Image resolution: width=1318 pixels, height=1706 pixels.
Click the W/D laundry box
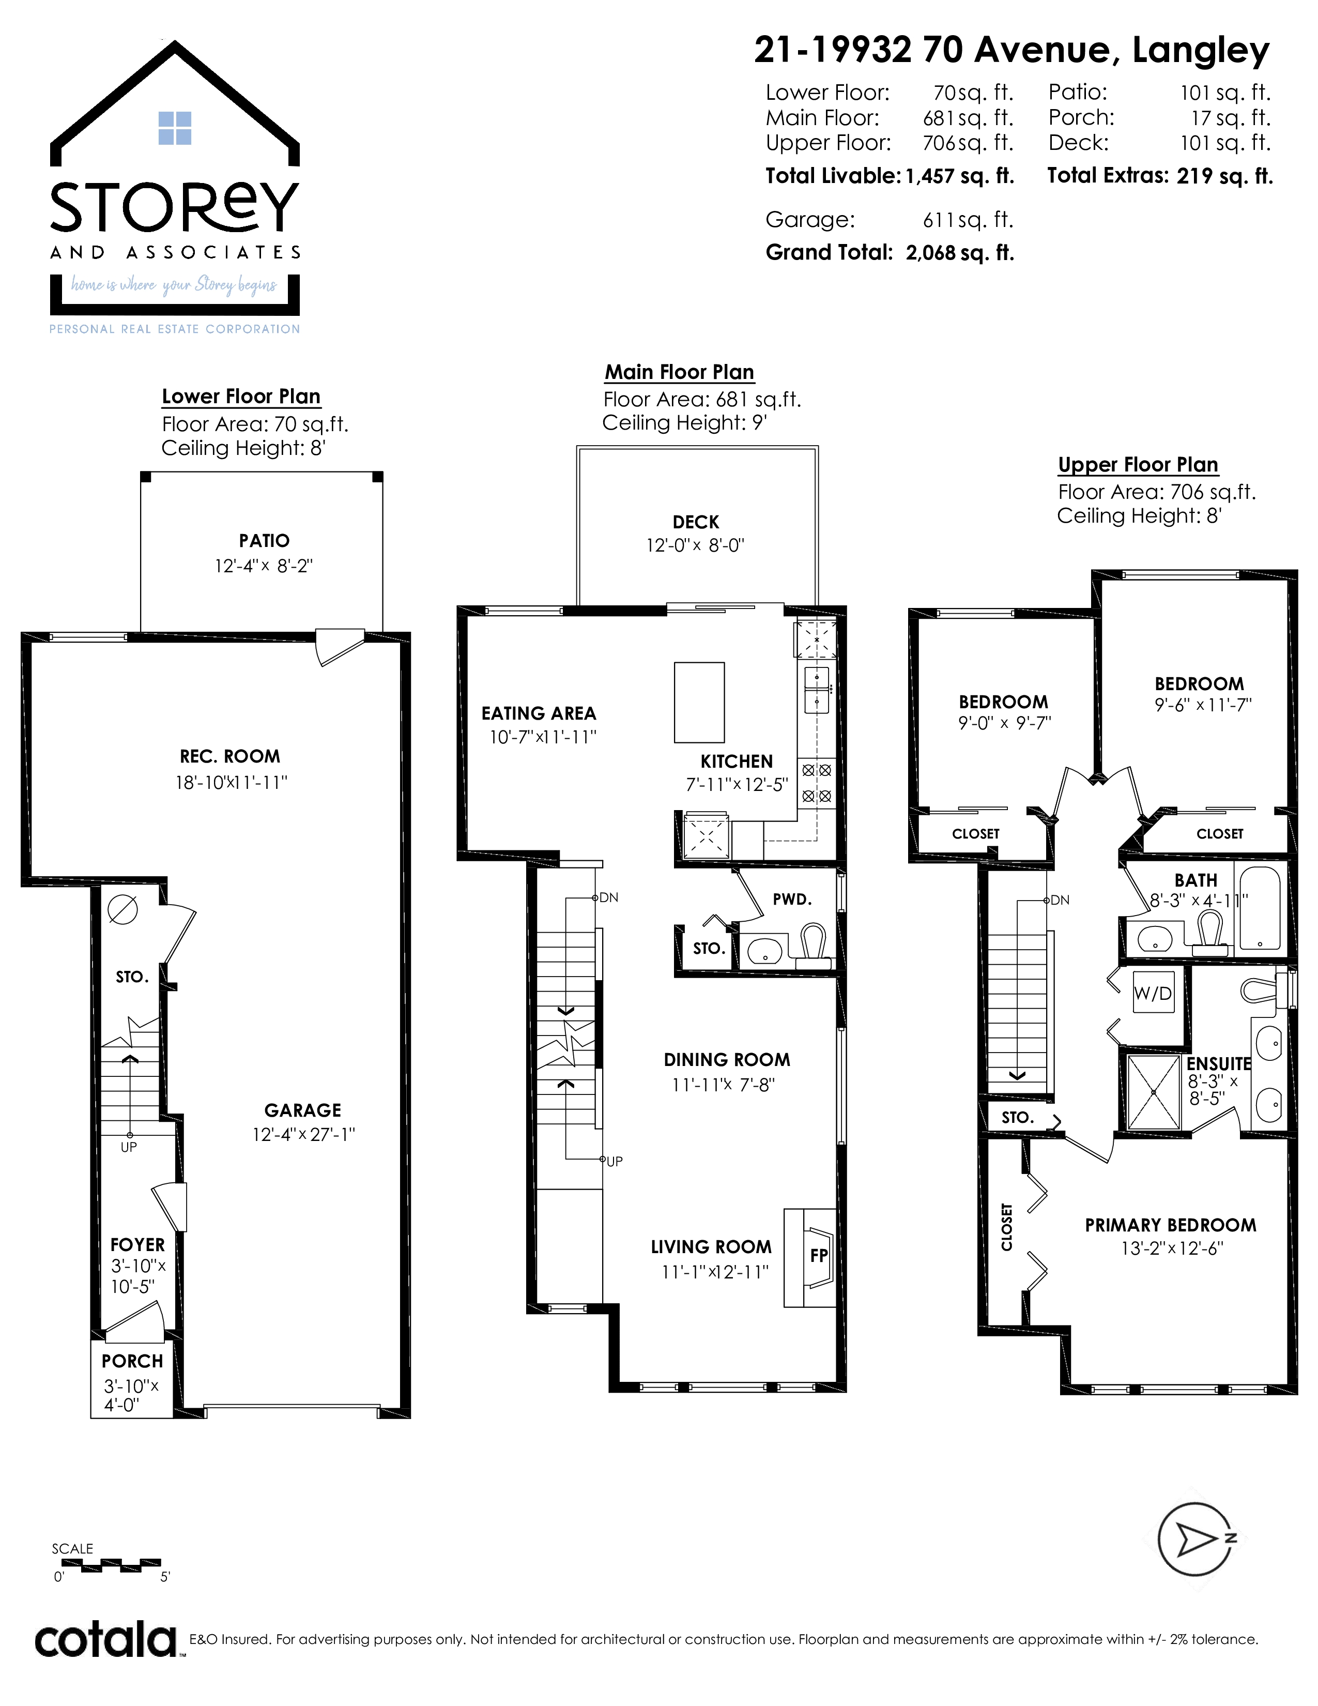click(x=1153, y=993)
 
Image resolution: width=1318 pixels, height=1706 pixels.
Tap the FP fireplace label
click(x=818, y=1255)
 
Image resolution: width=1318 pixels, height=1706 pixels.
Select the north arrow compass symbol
click(x=1194, y=1539)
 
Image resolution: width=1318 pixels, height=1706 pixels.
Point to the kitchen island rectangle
click(x=699, y=702)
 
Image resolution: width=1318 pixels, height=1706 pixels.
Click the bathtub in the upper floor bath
click(x=1259, y=908)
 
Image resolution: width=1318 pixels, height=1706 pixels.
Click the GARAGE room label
click(x=303, y=1110)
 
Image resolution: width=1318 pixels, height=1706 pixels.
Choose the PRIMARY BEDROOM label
click(x=1170, y=1225)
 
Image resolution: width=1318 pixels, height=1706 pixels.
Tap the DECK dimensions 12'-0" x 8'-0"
click(x=695, y=545)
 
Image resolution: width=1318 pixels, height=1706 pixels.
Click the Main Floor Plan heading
click(x=679, y=372)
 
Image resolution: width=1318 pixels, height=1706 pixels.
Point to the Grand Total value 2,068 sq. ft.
click(x=960, y=253)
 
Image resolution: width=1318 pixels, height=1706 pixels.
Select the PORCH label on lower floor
click(x=132, y=1361)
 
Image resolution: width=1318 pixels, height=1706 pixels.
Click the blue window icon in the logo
click(x=175, y=128)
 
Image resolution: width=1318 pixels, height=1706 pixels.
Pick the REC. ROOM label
click(x=229, y=756)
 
